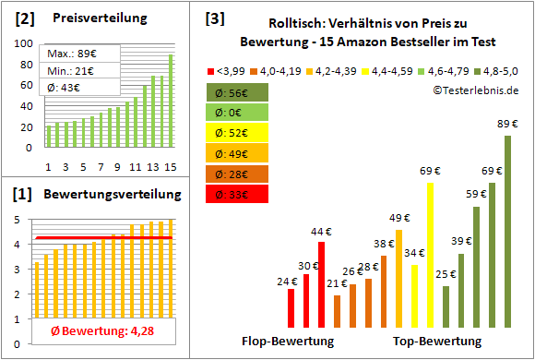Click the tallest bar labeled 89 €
(507, 231)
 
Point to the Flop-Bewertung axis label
(288, 342)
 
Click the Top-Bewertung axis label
(437, 342)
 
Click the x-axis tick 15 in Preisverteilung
(170, 167)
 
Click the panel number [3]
(214, 18)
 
